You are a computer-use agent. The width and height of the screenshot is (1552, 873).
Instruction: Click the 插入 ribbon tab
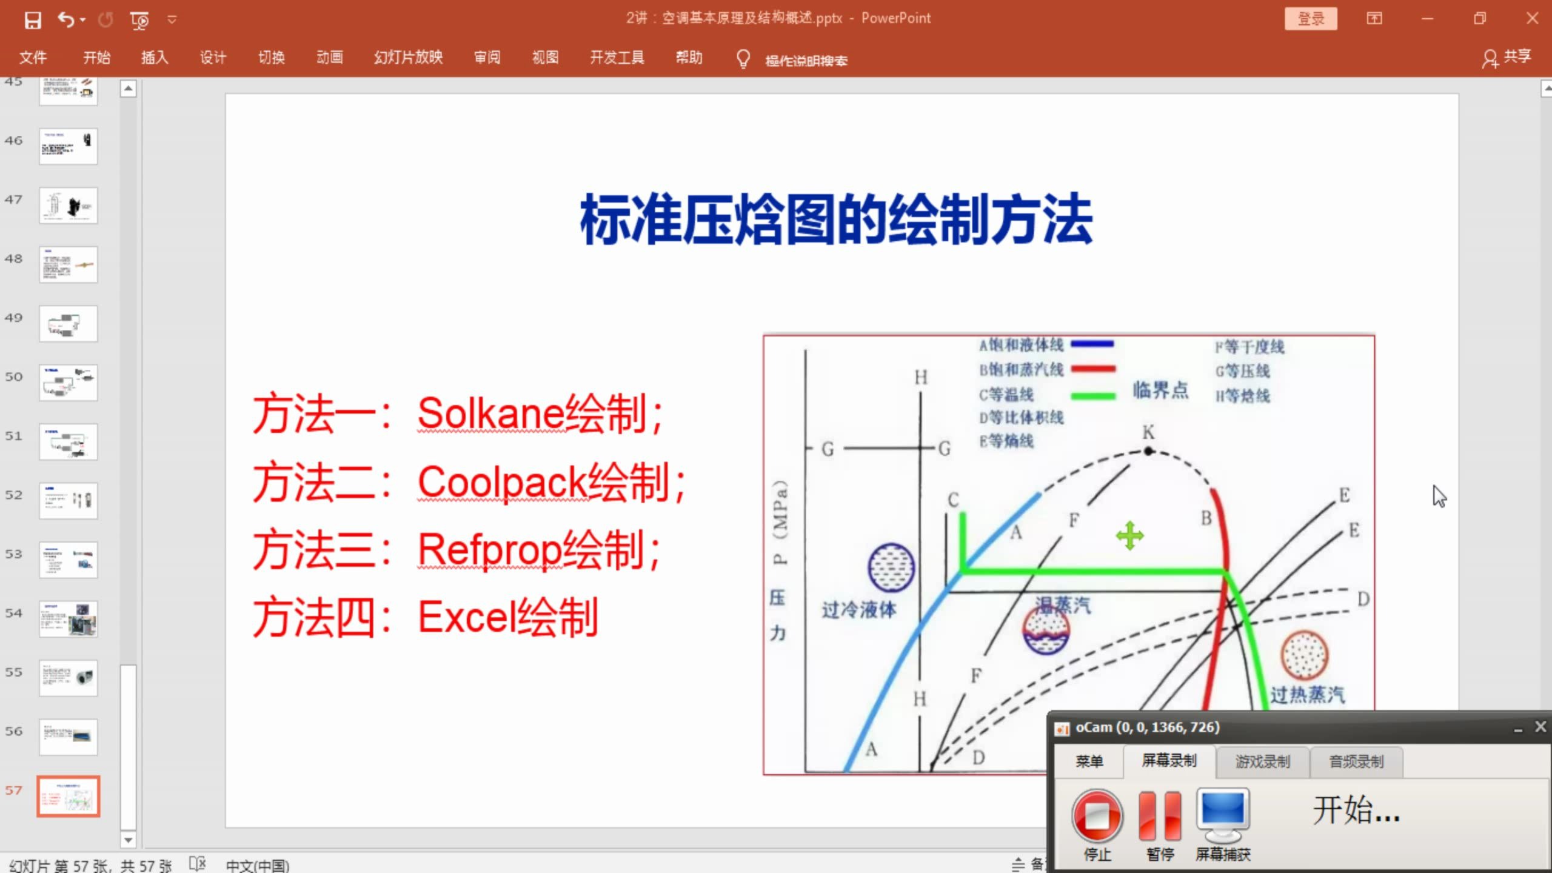click(154, 58)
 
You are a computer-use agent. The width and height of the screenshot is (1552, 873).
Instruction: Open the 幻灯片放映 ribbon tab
click(408, 58)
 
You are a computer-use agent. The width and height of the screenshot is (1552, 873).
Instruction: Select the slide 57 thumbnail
click(68, 796)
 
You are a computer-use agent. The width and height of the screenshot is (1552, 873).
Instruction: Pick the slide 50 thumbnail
click(68, 383)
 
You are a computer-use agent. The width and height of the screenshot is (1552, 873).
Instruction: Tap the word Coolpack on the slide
click(503, 483)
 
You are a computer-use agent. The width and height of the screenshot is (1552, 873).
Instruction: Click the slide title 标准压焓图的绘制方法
click(837, 220)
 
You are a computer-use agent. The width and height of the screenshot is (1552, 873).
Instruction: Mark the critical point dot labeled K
click(1148, 451)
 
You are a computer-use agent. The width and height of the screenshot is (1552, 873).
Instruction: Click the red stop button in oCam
click(1097, 815)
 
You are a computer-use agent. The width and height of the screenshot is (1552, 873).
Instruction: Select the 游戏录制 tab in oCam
click(1262, 761)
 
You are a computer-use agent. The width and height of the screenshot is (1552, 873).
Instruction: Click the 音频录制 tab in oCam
click(1356, 761)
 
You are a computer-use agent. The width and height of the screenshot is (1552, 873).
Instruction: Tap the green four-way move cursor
click(1129, 536)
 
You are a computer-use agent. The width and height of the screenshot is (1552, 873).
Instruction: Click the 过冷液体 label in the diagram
click(858, 609)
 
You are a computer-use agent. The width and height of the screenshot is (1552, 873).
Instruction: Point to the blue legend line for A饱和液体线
click(1092, 344)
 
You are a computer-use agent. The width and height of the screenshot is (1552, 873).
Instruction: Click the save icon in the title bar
click(33, 20)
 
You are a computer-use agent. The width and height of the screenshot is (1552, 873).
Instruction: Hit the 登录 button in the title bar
click(1311, 19)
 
